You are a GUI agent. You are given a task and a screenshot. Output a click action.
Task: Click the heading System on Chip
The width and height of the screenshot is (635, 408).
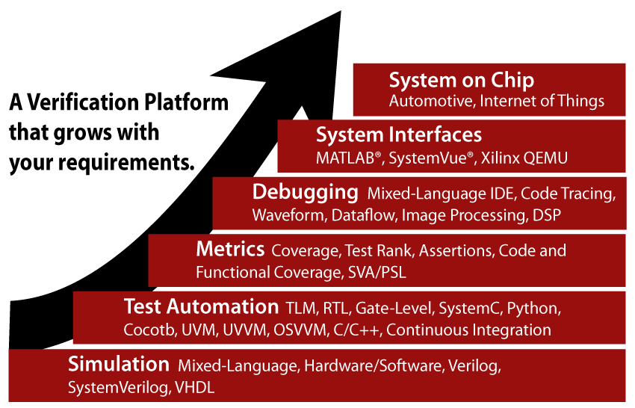coord(461,81)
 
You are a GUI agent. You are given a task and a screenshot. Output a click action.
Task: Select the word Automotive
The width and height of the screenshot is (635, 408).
coord(431,101)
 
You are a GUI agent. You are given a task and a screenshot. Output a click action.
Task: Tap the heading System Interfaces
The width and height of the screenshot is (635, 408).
coord(399,135)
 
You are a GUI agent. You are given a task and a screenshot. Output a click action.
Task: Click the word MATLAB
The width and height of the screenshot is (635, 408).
coord(345,158)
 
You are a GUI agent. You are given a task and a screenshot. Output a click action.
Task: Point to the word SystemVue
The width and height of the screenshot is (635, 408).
coord(427,158)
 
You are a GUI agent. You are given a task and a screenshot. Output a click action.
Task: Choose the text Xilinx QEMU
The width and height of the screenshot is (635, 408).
coord(524,158)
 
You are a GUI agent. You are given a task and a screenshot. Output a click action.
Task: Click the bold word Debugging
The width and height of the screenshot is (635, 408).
coord(306,193)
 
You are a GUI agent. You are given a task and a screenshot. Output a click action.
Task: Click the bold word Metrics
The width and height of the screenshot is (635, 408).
coord(230,249)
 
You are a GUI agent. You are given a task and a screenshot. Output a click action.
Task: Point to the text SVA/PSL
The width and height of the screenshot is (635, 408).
coord(377,272)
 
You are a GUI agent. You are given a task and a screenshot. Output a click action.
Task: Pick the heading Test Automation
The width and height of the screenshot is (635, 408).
coord(201,306)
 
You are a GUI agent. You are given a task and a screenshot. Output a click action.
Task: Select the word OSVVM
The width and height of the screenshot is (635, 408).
coord(300,330)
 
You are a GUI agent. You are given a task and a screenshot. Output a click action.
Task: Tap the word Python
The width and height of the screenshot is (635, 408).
coord(533,309)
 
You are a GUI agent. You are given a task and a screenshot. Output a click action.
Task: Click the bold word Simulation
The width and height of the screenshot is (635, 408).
coord(119,364)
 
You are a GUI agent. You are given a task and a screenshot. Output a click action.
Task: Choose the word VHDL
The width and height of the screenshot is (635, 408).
coord(195,388)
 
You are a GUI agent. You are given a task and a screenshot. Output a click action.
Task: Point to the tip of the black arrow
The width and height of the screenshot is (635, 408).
coord(341,11)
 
